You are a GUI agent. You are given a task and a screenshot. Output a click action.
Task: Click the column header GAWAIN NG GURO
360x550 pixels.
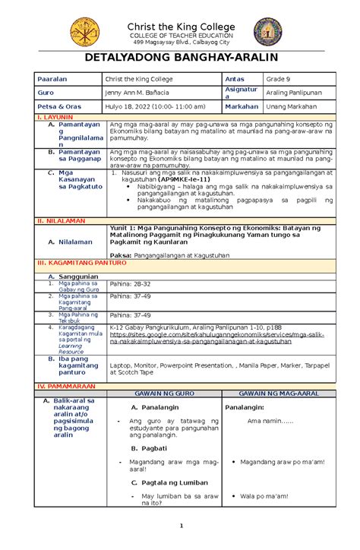[160, 396]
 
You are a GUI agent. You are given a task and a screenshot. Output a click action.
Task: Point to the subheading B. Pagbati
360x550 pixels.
[149, 448]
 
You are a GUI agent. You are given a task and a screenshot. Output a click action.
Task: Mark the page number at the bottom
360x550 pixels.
[180, 544]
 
